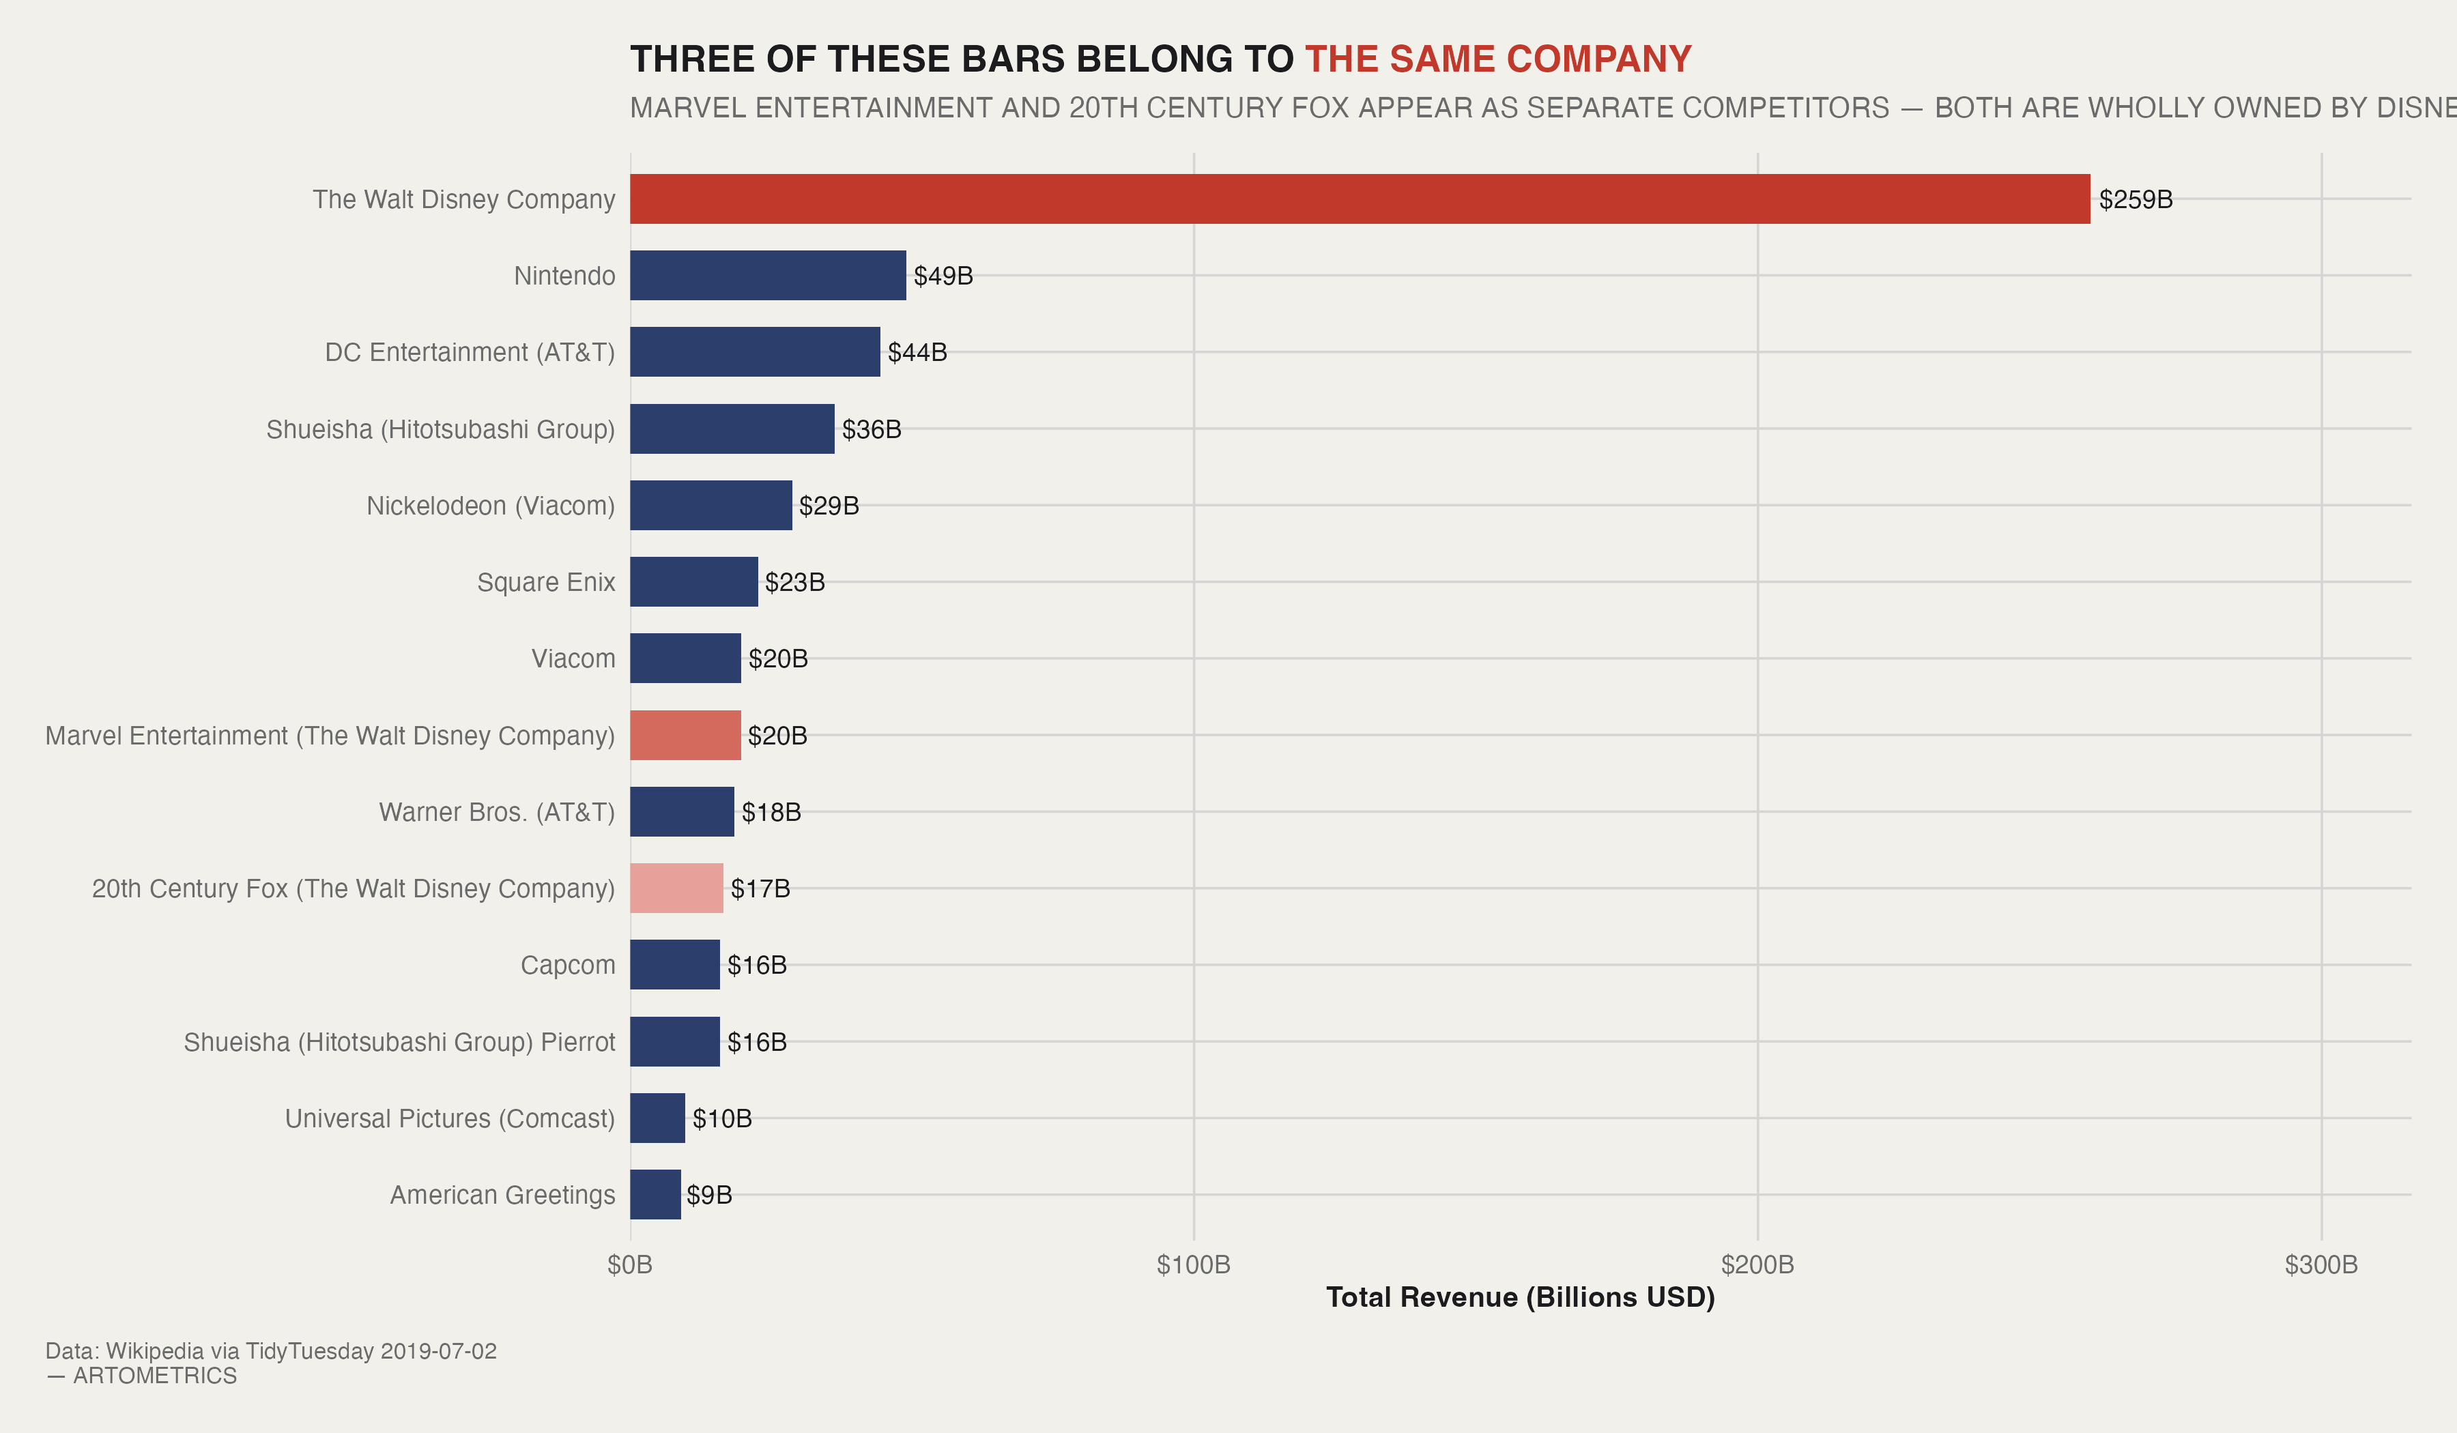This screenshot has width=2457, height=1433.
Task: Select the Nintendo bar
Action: coord(767,275)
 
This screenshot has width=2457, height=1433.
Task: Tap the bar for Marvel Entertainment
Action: coord(685,735)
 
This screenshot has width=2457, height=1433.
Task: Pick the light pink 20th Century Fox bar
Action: coord(676,888)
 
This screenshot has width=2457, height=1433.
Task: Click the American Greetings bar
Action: coord(655,1194)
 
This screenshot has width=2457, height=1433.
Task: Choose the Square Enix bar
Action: coord(693,582)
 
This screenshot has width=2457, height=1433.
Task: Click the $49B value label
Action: coord(943,276)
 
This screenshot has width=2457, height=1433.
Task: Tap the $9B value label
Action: coord(709,1195)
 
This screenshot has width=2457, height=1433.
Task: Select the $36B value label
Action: coord(872,429)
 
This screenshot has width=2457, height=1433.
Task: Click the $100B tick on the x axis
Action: coord(1194,1265)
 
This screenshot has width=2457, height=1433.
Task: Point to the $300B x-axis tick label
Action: coord(2320,1265)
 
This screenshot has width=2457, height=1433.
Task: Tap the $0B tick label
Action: coord(630,1265)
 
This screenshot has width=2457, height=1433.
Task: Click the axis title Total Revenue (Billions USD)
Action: coord(1520,1297)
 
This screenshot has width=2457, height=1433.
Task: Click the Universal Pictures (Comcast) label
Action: coord(450,1118)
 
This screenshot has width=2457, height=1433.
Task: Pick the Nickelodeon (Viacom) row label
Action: coord(491,506)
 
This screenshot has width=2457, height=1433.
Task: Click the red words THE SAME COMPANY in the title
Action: coord(1497,59)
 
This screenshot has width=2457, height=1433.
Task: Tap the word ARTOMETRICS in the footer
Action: coord(155,1376)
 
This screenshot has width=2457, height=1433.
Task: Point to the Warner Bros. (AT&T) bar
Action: coord(682,812)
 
